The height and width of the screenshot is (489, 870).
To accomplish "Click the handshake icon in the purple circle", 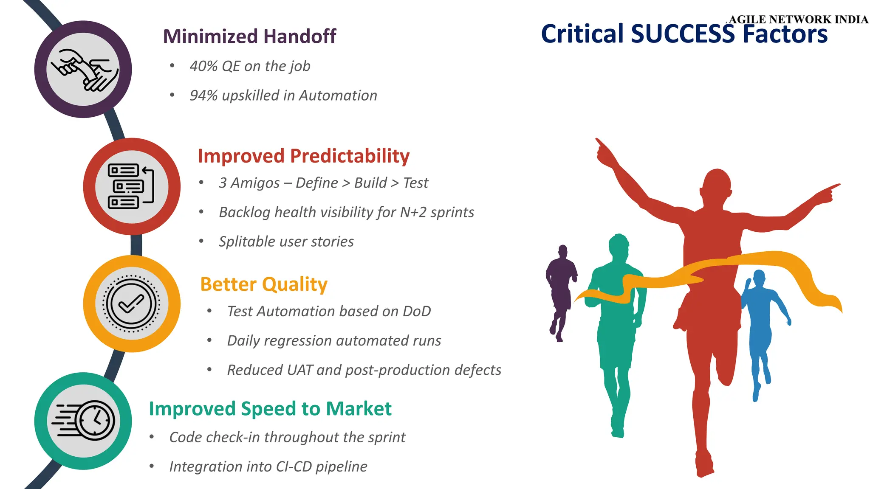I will pos(83,70).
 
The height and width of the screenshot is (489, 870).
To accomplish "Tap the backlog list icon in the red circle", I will pos(131,187).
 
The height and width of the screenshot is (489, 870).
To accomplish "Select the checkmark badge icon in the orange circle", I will pos(131,304).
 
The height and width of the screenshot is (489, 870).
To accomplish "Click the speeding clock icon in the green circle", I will pos(83,421).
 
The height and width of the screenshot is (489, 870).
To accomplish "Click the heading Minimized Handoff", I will pos(249,37).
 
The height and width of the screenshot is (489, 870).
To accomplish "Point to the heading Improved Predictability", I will pos(303,156).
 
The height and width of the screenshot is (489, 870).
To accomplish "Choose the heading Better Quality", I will pos(263,284).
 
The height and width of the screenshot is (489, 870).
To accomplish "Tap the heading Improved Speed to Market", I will pos(270,409).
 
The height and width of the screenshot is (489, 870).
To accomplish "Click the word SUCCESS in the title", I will pos(683,34).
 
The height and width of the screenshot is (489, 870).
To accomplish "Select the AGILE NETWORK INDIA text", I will pos(798,20).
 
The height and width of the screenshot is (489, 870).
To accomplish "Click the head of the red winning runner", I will pos(717,185).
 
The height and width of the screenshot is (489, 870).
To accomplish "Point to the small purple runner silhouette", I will pos(561,289).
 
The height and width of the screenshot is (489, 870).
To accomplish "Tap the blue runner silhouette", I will pos(760,323).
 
